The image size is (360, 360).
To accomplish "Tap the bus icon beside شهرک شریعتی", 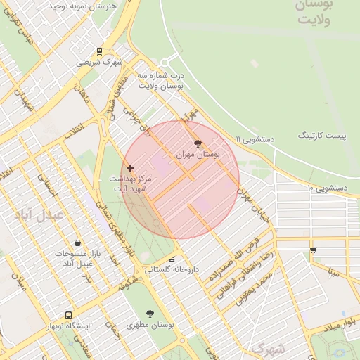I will tap(99, 51).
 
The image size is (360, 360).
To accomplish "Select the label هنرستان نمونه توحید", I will tap(82, 5).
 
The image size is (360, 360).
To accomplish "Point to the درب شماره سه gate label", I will tap(160, 79).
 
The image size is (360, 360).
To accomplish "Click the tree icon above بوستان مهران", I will tap(197, 143).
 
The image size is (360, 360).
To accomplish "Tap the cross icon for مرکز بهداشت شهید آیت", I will tap(130, 168).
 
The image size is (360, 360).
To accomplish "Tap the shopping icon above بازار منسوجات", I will tap(77, 243).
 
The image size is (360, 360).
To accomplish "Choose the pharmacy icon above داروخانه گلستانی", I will tap(172, 260).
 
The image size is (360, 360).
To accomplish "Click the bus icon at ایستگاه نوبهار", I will tap(68, 316).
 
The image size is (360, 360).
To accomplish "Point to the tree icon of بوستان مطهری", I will tap(150, 314).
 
